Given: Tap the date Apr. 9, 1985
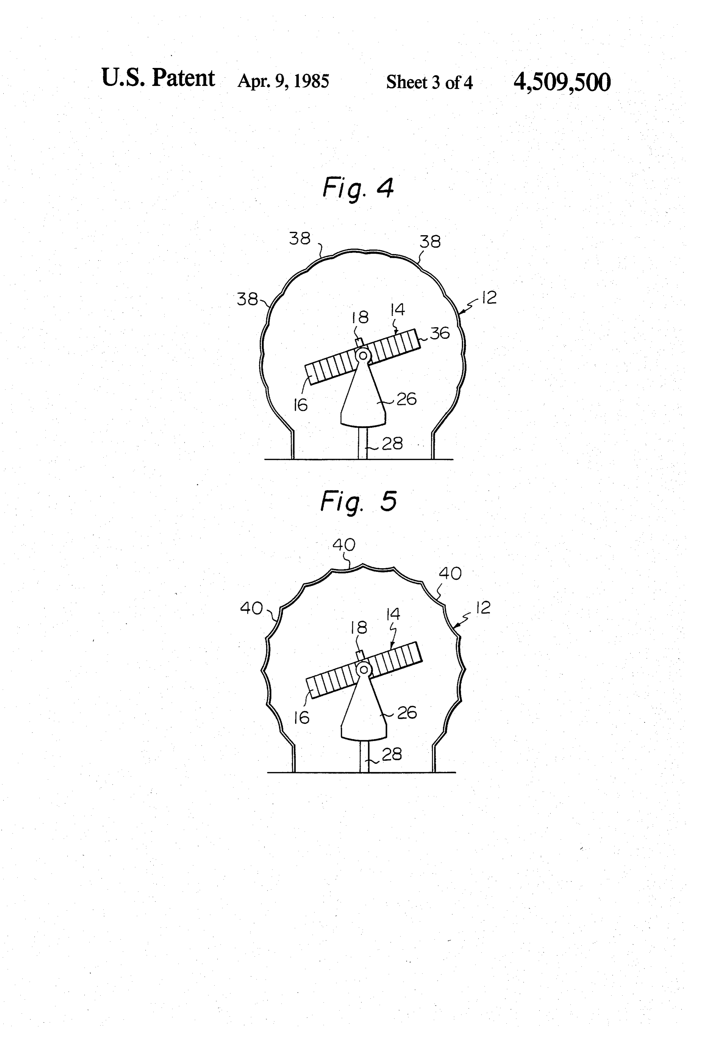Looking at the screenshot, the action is (283, 81).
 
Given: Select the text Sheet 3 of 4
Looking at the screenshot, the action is (429, 82).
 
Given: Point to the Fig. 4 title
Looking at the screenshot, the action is (358, 188).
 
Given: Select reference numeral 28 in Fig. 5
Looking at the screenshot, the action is (392, 754).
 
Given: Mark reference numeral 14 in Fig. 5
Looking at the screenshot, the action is (393, 615).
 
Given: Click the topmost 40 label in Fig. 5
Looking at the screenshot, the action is (344, 545).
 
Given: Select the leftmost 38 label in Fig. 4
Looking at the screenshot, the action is (247, 299).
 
